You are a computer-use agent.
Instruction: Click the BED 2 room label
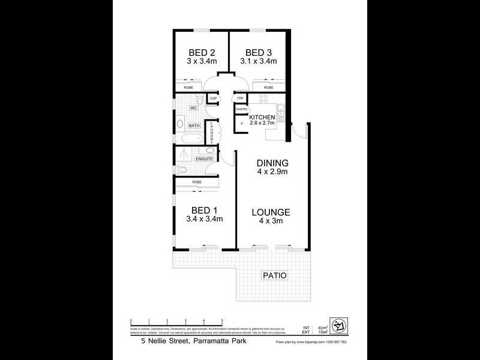pyautogui.click(x=201, y=52)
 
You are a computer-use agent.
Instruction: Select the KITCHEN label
pyautogui.click(x=262, y=117)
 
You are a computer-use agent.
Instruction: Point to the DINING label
pyautogui.click(x=272, y=163)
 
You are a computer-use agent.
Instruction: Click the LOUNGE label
pyautogui.click(x=271, y=212)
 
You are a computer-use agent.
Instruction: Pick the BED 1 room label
pyautogui.click(x=204, y=210)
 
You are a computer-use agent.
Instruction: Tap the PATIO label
pyautogui.click(x=274, y=275)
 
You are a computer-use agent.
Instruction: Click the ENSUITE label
pyautogui.click(x=203, y=159)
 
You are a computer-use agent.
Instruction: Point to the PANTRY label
pyautogui.click(x=241, y=109)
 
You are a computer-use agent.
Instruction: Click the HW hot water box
pyautogui.click(x=240, y=98)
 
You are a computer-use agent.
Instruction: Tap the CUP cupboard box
pyautogui.click(x=212, y=98)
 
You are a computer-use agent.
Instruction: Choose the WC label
pyautogui.click(x=194, y=108)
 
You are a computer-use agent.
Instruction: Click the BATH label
pyautogui.click(x=194, y=125)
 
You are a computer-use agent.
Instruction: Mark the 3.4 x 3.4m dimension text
pyautogui.click(x=204, y=220)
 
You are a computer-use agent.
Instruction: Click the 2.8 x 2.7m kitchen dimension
pyautogui.click(x=262, y=123)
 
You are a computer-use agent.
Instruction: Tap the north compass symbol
pyautogui.click(x=338, y=326)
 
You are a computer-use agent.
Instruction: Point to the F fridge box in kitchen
pyautogui.click(x=242, y=124)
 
